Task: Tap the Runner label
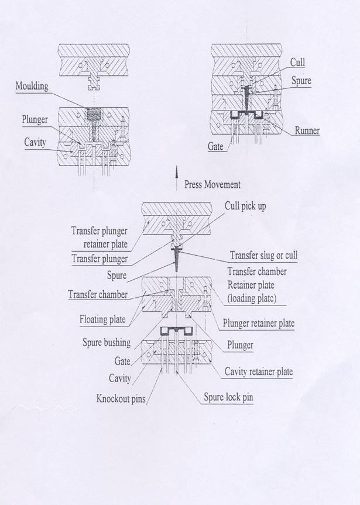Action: point(307,130)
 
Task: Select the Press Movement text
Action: point(212,184)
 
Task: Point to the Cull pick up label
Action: point(245,207)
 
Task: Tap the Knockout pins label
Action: point(121,399)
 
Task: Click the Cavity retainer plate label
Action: point(259,372)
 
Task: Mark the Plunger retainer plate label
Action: point(258,323)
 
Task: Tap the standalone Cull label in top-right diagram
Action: point(297,63)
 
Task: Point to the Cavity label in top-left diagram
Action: point(36,142)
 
